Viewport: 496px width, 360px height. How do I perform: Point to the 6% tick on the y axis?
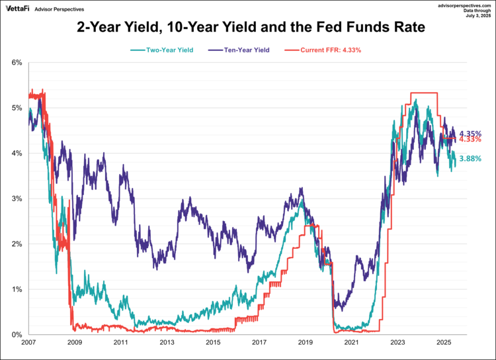click(17, 63)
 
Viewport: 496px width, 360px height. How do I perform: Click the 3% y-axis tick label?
click(17, 199)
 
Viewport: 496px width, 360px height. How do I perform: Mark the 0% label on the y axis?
click(17, 334)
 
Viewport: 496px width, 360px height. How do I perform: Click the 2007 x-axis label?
click(28, 343)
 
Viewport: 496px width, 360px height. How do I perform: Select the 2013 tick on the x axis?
click(167, 343)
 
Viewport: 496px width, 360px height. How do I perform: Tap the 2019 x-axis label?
click(305, 343)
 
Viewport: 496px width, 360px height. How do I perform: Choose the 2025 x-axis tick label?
click(443, 343)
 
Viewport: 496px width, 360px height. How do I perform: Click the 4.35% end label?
click(470, 133)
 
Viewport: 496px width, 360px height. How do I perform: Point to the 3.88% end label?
click(470, 159)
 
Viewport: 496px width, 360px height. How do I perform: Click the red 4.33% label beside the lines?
click(470, 140)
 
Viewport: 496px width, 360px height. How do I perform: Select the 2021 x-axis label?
click(351, 343)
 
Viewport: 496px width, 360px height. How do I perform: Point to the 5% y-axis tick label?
click(17, 108)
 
